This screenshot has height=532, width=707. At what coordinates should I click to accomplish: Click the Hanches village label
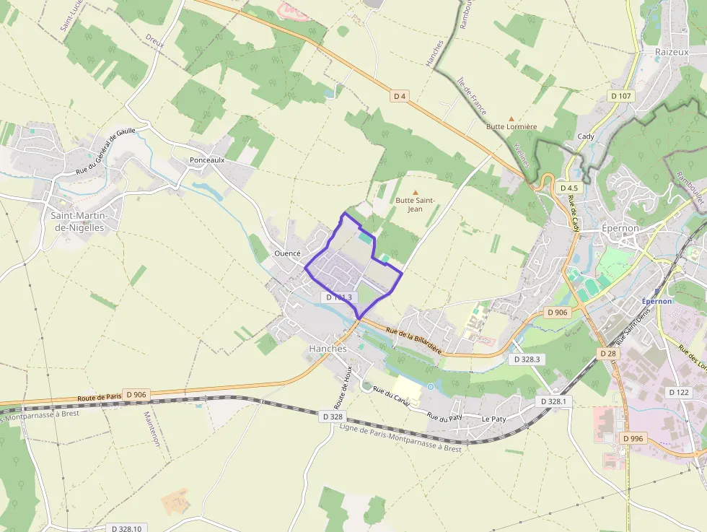[x=328, y=348]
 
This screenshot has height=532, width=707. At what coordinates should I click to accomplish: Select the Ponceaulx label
[x=207, y=160]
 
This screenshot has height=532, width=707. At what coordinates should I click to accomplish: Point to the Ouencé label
[x=287, y=254]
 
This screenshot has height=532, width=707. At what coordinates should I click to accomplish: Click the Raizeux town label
[x=672, y=52]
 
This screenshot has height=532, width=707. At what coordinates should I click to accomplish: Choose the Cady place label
[x=586, y=136]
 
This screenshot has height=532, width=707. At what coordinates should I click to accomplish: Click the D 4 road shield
[x=400, y=95]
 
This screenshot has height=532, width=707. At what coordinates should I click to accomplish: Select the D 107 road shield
[x=620, y=96]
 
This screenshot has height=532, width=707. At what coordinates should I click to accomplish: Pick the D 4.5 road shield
[x=569, y=188]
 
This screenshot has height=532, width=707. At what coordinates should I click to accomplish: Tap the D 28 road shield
[x=607, y=354]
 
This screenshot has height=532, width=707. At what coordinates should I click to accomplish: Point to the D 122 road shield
[x=680, y=392]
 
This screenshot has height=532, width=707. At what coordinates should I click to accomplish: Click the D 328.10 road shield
[x=127, y=528]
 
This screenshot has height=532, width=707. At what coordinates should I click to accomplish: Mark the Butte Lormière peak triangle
[x=511, y=118]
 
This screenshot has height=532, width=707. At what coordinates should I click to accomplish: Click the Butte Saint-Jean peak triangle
[x=415, y=191]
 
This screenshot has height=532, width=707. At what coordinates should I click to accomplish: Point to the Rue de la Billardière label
[x=414, y=338]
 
